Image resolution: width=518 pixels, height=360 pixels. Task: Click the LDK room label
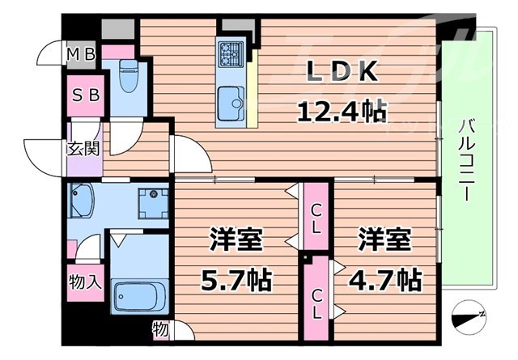point(340,74)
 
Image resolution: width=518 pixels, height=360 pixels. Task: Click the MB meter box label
point(81,55)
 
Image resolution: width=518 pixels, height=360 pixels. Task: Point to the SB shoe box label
point(84,94)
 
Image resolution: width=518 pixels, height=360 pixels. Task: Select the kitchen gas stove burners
point(230,54)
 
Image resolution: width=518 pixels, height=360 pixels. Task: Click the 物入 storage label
point(85,282)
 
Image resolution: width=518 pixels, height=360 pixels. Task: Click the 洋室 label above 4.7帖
point(385,240)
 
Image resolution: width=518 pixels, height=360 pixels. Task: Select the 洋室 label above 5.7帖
point(236,240)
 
